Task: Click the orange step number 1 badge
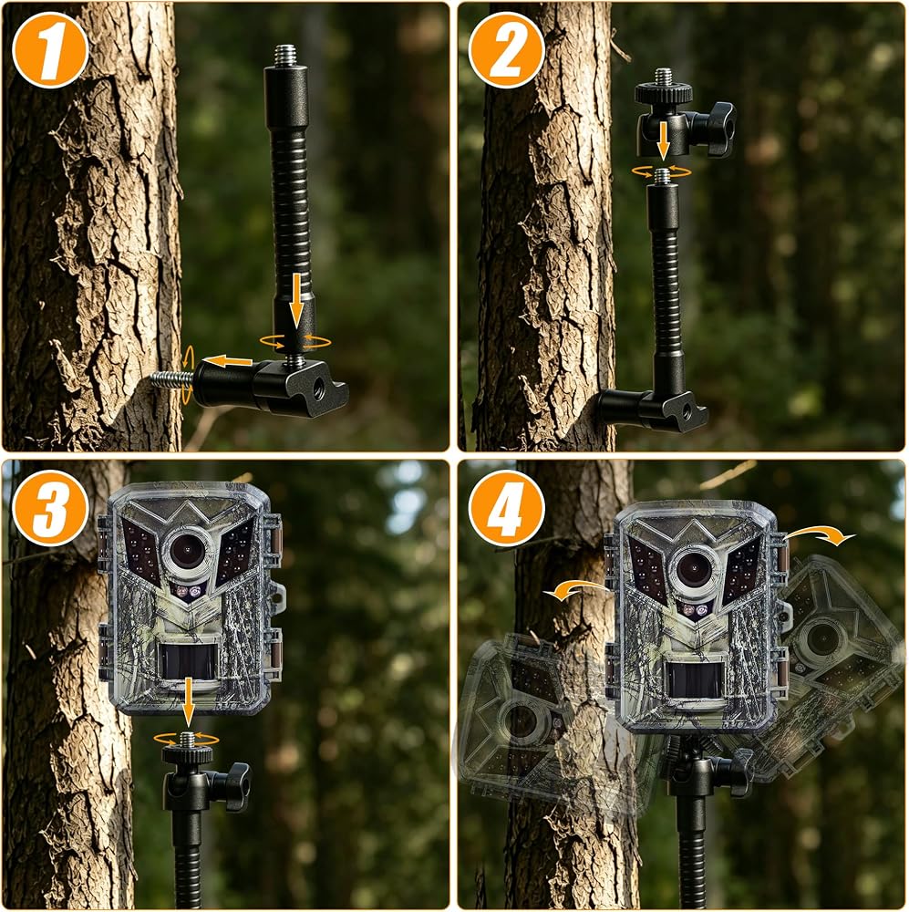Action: pyautogui.click(x=50, y=50)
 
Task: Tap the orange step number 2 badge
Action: pyautogui.click(x=507, y=50)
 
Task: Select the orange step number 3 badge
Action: pyautogui.click(x=50, y=507)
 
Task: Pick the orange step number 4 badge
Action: pyautogui.click(x=507, y=507)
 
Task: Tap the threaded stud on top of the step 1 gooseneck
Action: pyautogui.click(x=284, y=57)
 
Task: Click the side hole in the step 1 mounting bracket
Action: pyautogui.click(x=319, y=385)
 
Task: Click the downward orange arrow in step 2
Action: pyautogui.click(x=663, y=140)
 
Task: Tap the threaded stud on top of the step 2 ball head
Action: pyautogui.click(x=663, y=77)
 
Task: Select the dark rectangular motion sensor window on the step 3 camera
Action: pyautogui.click(x=188, y=662)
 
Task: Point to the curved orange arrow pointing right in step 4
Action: pyautogui.click(x=820, y=534)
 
